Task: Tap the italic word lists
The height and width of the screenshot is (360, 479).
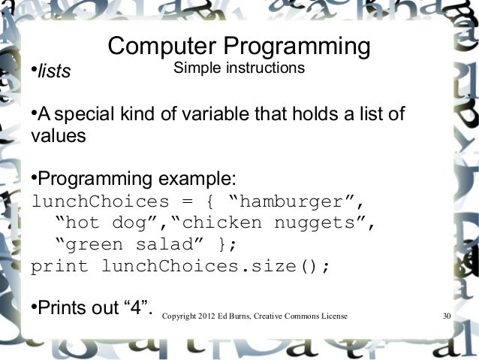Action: point(53,72)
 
